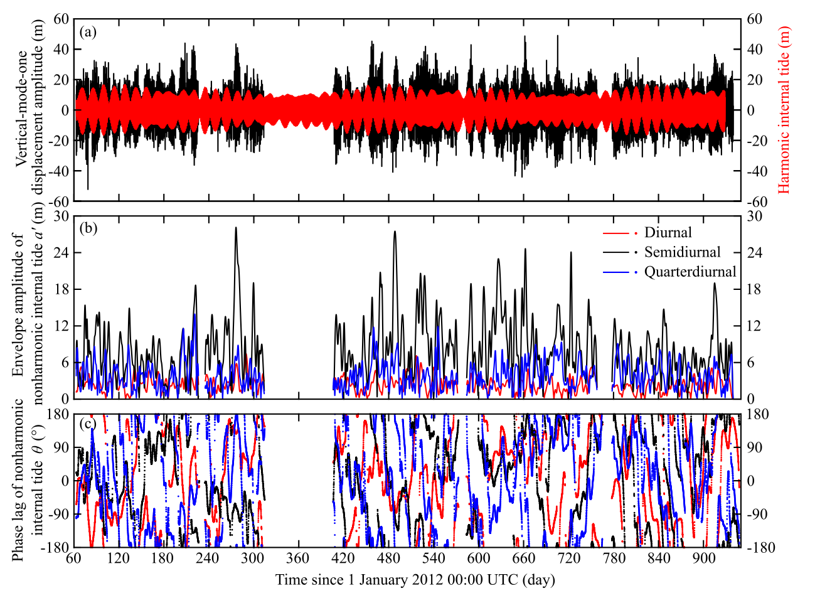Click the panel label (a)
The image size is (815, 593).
(x=87, y=32)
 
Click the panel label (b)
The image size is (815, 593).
(x=87, y=228)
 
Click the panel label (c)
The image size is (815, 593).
(x=87, y=424)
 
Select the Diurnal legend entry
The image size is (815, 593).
(x=668, y=233)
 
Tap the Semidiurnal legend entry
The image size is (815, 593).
(x=682, y=252)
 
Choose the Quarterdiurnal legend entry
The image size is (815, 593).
(x=690, y=272)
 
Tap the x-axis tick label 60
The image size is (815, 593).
(x=74, y=560)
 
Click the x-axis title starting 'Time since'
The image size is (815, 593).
(x=415, y=579)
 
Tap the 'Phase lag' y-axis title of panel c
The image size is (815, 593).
(x=29, y=480)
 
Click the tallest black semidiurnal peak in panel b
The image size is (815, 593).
(x=236, y=228)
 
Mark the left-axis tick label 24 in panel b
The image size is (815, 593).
(x=61, y=252)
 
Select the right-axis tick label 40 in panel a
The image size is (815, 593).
(x=754, y=50)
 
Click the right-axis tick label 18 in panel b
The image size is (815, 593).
(x=754, y=289)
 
